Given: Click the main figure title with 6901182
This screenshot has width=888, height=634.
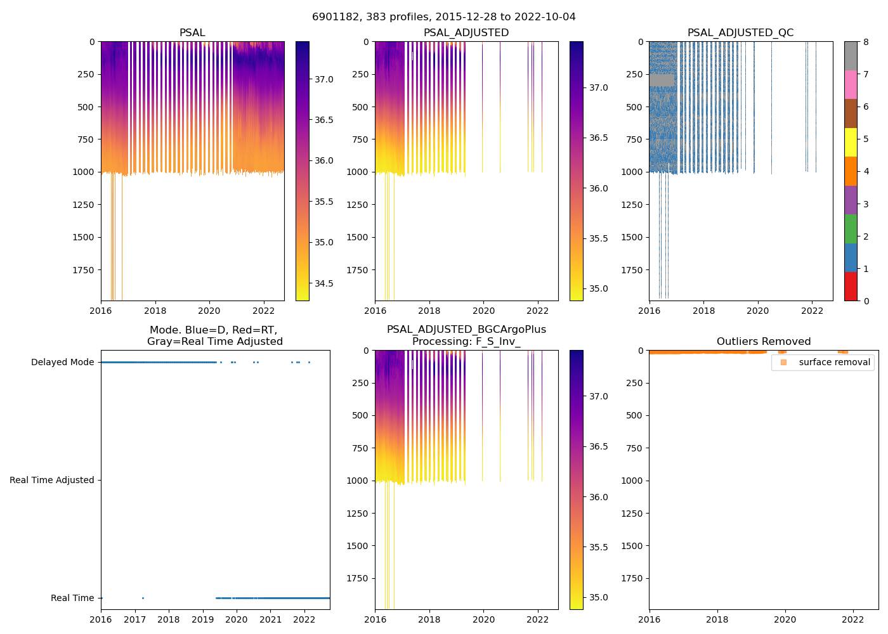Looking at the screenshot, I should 443,17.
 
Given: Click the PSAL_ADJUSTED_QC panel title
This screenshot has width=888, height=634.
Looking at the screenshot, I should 740,33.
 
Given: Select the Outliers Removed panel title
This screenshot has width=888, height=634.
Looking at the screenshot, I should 763,342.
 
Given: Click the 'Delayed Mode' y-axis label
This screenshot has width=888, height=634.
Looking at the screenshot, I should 62,363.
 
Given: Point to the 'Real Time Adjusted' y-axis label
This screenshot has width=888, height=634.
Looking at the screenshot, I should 51,481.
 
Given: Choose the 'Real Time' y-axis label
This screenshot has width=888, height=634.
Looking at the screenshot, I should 72,598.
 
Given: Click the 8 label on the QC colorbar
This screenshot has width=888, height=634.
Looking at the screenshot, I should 866,42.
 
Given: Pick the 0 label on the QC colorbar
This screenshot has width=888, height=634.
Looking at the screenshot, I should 866,301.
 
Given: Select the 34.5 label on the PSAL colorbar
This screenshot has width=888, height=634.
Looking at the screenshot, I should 323,283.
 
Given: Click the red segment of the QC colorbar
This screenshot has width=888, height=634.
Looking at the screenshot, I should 851,287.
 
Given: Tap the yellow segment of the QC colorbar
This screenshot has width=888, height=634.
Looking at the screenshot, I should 851,143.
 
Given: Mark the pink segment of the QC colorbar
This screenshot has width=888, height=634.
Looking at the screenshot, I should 851,85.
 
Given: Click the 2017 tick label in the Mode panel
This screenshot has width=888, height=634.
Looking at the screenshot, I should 134,619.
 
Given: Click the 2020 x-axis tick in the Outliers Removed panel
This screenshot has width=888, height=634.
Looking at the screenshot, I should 785,619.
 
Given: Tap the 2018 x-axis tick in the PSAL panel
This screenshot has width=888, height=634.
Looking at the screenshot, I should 155,311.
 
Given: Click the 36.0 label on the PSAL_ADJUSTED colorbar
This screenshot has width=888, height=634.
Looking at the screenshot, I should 599,188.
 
